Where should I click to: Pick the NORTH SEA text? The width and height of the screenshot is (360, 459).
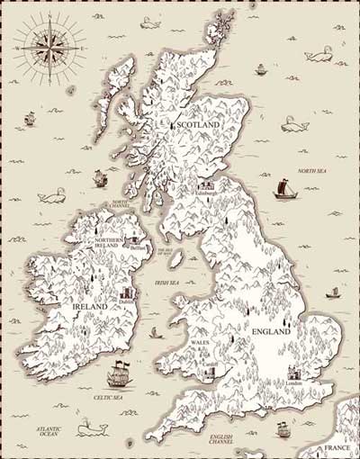(310, 171)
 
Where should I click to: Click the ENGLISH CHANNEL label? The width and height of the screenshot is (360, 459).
(220, 441)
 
